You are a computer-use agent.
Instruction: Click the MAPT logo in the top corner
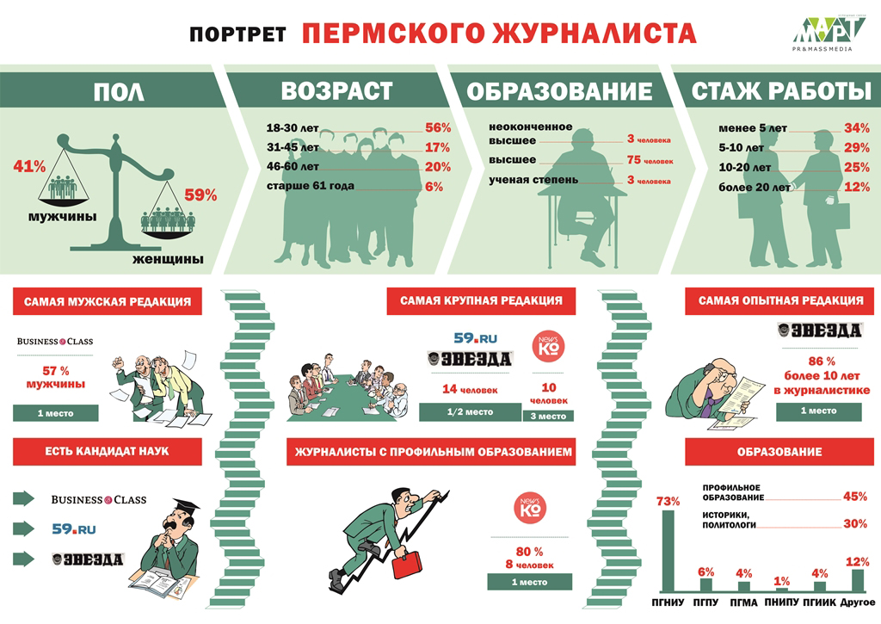[827, 33]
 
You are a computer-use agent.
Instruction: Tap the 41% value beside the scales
[29, 166]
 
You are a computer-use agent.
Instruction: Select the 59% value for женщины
[200, 195]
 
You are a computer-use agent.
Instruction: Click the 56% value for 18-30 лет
[438, 127]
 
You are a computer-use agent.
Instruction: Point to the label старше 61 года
[310, 186]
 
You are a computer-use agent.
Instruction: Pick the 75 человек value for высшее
[650, 160]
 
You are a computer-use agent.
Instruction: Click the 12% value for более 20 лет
[856, 187]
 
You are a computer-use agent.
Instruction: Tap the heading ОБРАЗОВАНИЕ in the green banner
[559, 91]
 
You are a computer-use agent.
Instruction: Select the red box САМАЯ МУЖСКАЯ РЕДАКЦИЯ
[108, 302]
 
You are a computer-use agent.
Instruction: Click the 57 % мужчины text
[56, 378]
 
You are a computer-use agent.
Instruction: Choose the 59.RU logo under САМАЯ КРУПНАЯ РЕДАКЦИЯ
[475, 338]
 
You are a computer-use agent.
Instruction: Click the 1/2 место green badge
[470, 412]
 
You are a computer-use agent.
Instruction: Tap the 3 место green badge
[548, 416]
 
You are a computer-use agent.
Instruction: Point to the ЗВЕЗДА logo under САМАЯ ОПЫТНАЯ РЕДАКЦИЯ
[819, 331]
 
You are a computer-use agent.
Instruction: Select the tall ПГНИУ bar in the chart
[668, 551]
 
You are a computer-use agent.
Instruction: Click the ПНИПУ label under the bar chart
[781, 602]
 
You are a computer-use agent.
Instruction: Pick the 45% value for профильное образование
[855, 497]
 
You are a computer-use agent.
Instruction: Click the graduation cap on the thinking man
[186, 504]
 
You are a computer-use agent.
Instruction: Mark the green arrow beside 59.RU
[23, 528]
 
